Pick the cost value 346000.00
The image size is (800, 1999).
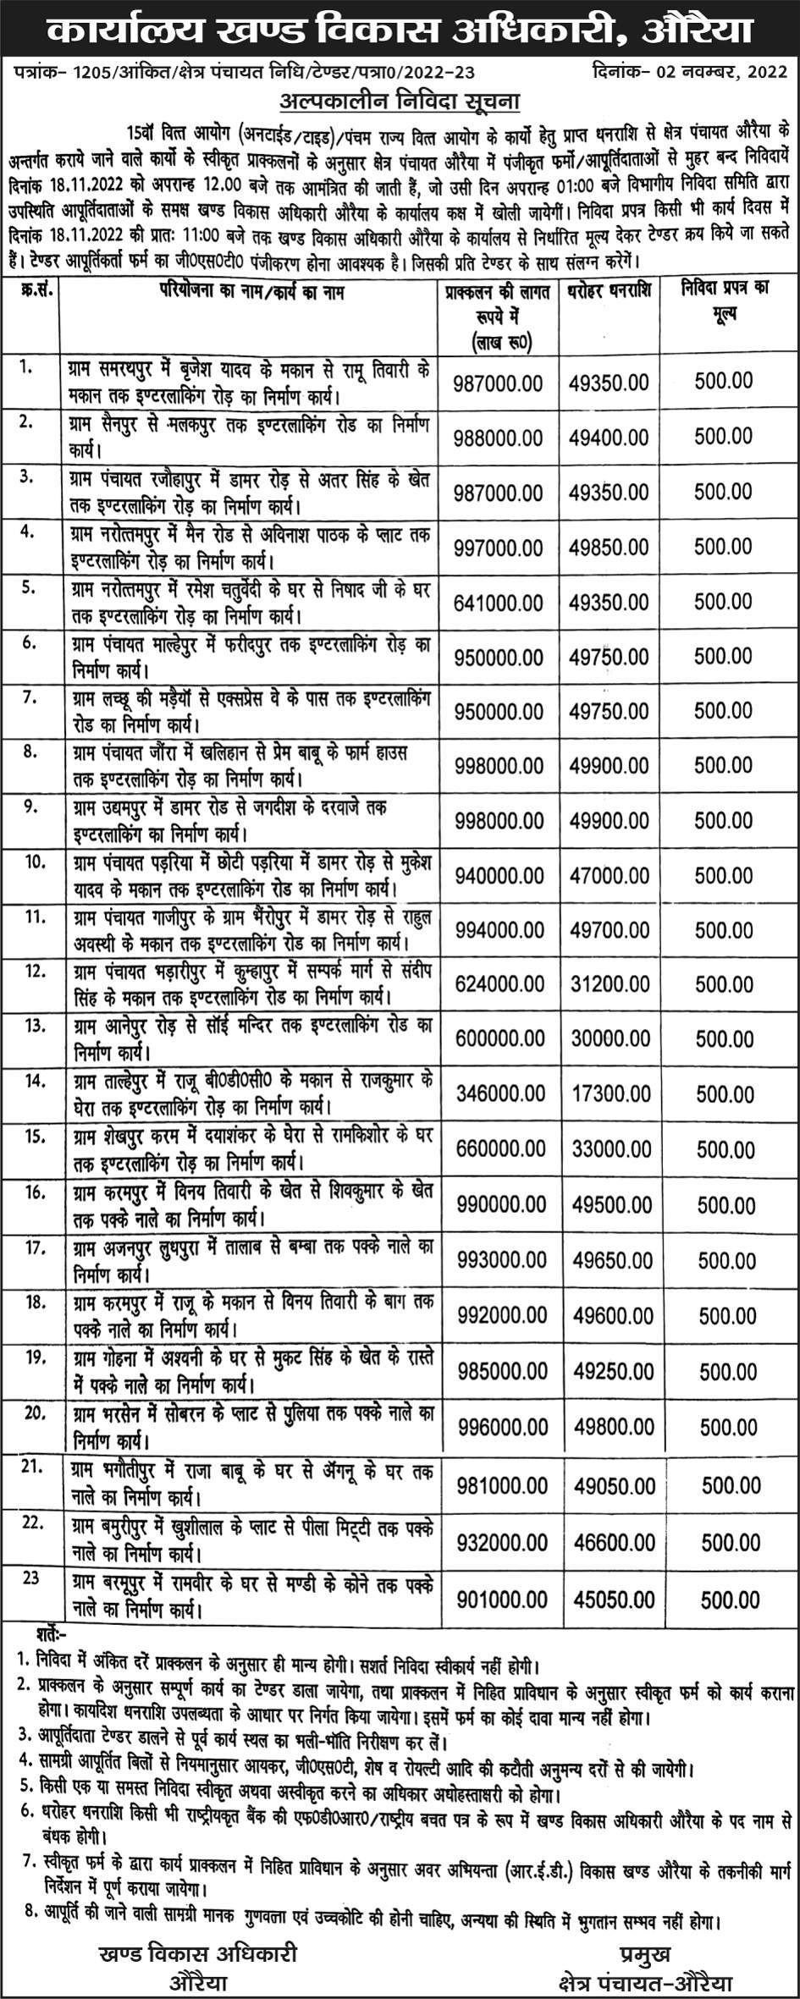coord(500,1093)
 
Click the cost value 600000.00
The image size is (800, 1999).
coord(499,1038)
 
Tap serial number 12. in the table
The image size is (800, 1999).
coord(35,971)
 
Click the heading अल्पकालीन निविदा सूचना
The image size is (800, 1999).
coord(400,102)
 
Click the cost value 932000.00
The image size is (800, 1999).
coord(502,1543)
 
